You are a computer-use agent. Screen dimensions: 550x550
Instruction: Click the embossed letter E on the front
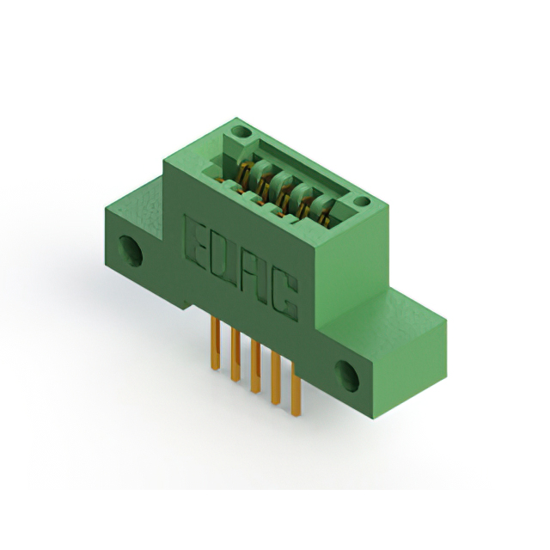point(195,241)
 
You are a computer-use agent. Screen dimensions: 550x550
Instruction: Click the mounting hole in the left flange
point(130,250)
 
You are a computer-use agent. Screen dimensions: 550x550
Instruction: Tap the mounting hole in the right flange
point(346,376)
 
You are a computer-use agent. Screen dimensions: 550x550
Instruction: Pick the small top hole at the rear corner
point(241,131)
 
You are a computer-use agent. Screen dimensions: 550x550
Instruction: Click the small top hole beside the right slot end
point(361,201)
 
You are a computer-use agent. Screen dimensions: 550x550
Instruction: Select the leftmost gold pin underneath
point(215,343)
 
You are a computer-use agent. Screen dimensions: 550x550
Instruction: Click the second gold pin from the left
point(235,354)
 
